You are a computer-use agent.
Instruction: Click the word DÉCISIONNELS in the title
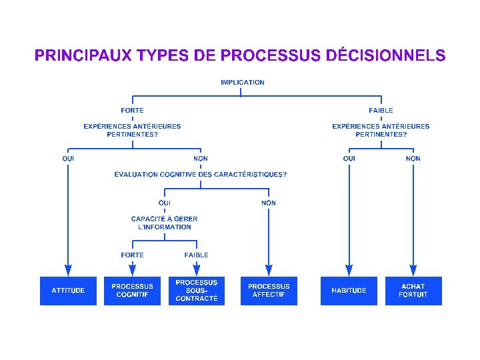(386, 55)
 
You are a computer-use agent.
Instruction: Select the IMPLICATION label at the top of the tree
(243, 83)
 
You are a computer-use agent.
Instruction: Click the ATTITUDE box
(68, 291)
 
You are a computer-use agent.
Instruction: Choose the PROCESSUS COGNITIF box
(132, 291)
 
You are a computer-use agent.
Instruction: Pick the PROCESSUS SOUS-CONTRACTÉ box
(197, 291)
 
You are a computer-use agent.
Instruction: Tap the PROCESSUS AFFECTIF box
(269, 291)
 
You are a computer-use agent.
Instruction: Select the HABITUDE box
(349, 291)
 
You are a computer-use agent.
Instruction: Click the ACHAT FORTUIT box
(413, 291)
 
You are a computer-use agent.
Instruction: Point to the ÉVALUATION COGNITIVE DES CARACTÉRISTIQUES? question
(201, 175)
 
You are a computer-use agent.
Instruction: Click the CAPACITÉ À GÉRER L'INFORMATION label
(165, 223)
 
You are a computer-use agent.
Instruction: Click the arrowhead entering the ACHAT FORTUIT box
(413, 270)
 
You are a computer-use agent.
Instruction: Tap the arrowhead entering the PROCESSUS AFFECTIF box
(269, 270)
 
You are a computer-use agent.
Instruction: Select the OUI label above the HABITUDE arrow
(349, 159)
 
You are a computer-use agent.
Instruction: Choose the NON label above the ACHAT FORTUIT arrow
(413, 159)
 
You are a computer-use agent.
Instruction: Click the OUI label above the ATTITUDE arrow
(68, 159)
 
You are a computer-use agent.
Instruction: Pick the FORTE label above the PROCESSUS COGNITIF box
(132, 255)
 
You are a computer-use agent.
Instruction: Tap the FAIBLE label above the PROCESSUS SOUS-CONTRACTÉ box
(197, 255)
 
